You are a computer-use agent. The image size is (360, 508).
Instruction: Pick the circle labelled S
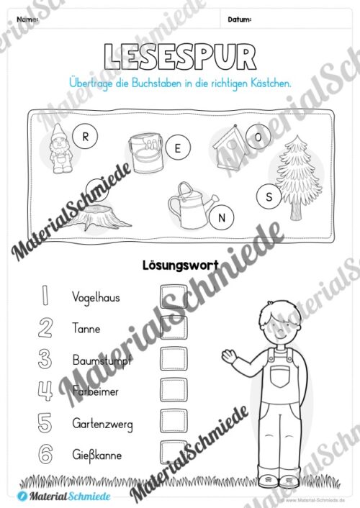pos(269,196)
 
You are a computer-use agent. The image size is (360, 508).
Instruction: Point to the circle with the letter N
pos(222,217)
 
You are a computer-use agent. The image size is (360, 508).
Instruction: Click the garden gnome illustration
pos(58,149)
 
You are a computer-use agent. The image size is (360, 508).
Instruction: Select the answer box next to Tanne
pos(173,327)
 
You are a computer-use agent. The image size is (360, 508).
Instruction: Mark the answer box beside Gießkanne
pos(173,452)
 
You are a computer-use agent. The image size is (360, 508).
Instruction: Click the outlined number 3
pos(45,358)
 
